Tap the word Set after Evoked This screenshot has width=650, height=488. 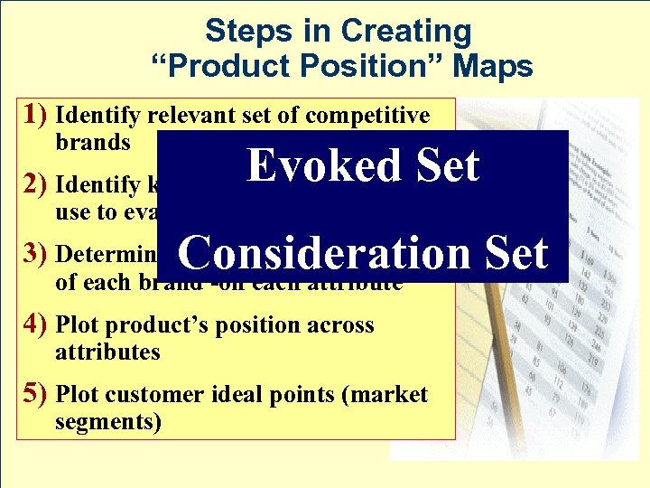click(442, 166)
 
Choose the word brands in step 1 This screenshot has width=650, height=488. click(93, 143)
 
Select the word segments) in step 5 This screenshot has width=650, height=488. click(108, 422)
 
